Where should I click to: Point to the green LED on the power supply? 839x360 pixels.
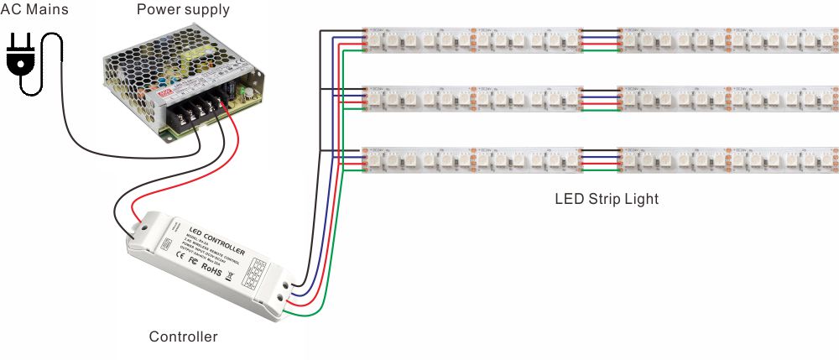click(244, 87)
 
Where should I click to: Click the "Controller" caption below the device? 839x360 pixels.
click(183, 337)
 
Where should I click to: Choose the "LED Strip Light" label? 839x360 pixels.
click(607, 200)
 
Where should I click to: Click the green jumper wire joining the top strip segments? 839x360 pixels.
click(600, 50)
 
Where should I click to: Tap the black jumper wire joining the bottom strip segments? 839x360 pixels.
click(600, 150)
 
